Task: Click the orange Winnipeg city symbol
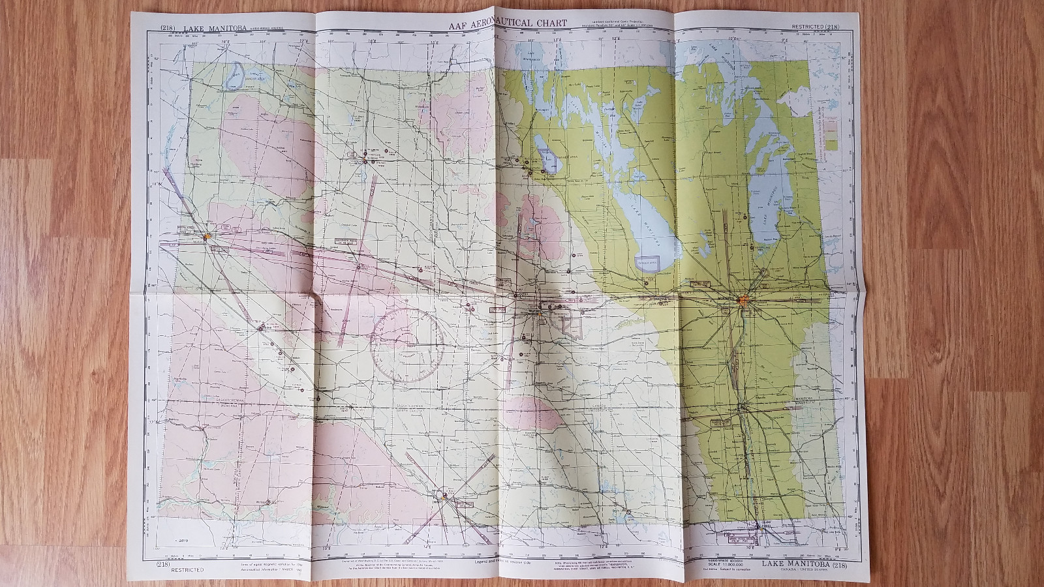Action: tap(743, 300)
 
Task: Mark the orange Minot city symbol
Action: tap(445, 497)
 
